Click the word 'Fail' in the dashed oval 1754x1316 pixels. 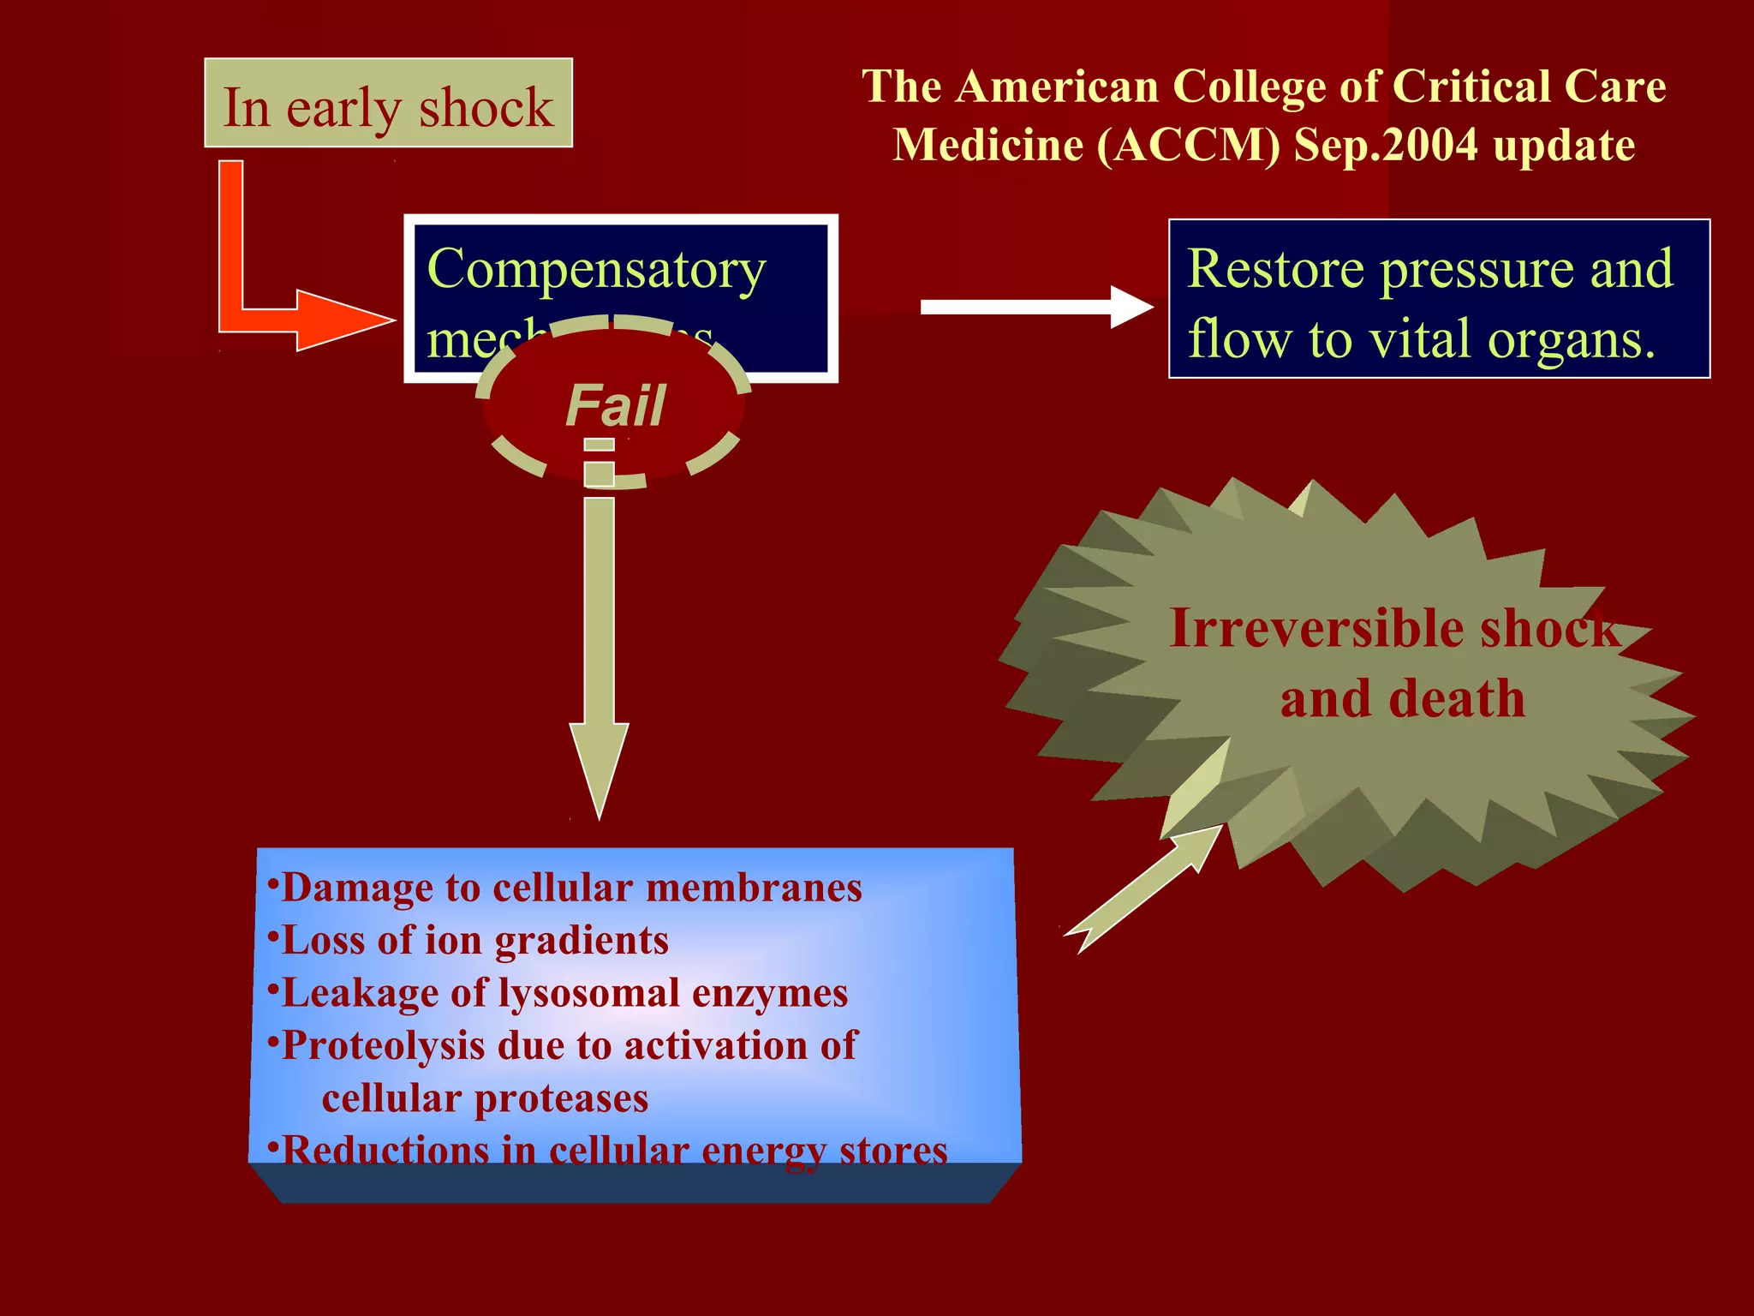pos(615,405)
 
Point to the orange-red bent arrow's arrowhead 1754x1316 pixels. pos(343,320)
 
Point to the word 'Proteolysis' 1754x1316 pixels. pos(382,1046)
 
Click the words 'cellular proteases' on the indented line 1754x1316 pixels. pos(485,1098)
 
